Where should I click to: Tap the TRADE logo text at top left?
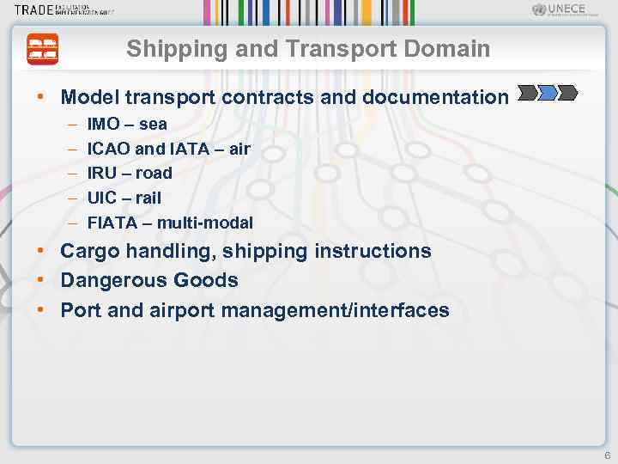coord(34,10)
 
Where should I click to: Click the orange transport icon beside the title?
coord(43,49)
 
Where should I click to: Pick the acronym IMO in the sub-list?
coord(104,125)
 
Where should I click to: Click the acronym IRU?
coord(102,173)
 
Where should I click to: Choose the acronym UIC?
coord(101,198)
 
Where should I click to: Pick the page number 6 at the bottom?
coord(607,455)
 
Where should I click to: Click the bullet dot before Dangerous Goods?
coord(41,281)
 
